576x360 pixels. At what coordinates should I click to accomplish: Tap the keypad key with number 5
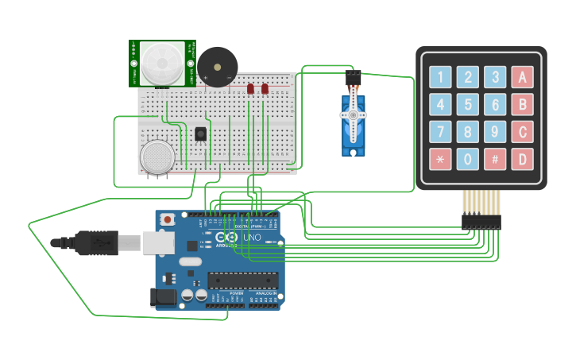[468, 104]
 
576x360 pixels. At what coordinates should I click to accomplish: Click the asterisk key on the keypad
[441, 158]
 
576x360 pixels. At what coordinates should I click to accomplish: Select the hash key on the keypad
[495, 158]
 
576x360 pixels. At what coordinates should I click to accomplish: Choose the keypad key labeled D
[522, 158]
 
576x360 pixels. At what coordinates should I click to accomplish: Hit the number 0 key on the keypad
[468, 158]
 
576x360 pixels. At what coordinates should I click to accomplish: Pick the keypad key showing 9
[495, 131]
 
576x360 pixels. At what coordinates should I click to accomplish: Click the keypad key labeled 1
[441, 77]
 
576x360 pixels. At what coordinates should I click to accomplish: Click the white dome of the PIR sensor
[162, 61]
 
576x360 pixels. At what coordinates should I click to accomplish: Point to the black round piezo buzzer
[217, 65]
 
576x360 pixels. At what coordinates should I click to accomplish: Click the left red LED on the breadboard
[250, 89]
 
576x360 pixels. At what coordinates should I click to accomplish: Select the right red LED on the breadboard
[265, 89]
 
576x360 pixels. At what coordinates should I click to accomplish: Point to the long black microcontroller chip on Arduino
[243, 279]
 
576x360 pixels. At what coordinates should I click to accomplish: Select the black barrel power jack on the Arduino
[163, 297]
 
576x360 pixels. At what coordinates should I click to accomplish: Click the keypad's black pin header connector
[481, 222]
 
